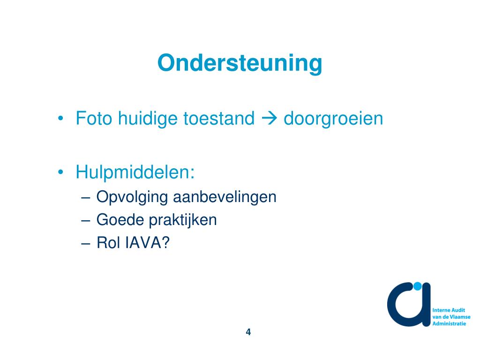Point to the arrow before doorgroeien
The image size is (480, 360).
tap(269, 119)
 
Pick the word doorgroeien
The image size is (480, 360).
tap(333, 119)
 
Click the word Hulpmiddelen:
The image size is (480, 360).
tap(135, 172)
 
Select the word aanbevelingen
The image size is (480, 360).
tap(225, 197)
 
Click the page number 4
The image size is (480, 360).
tap(248, 332)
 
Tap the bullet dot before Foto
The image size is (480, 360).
tap(61, 119)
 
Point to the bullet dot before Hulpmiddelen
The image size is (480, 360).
tap(61, 172)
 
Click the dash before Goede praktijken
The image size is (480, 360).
tap(85, 220)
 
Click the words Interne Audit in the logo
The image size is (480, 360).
tap(448, 310)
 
